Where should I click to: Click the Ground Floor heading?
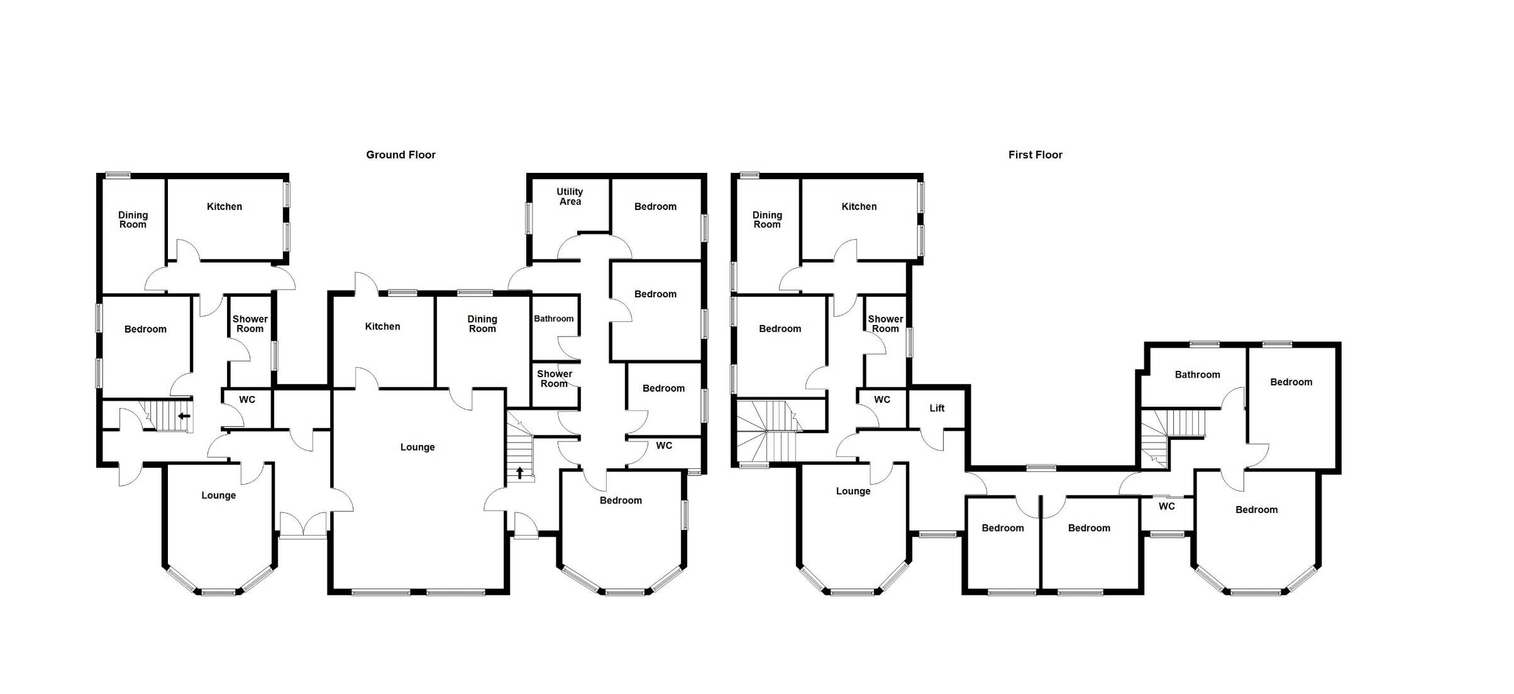tap(401, 155)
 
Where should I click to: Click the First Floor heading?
tap(1035, 155)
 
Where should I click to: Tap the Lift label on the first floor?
tap(937, 408)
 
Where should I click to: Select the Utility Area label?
tap(570, 197)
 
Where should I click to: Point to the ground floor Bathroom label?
tap(553, 319)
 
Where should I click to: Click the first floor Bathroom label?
tap(1197, 375)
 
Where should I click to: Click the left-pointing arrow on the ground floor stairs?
tap(184, 416)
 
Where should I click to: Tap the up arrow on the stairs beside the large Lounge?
tap(520, 472)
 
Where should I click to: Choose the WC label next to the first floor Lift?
tap(882, 400)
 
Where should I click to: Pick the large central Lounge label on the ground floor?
tap(417, 448)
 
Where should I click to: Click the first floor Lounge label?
tap(853, 492)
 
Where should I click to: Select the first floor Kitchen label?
tap(859, 207)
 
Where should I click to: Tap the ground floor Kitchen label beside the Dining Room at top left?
tap(224, 207)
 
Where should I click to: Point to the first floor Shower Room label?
tap(885, 324)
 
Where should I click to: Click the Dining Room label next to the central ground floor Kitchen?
tap(482, 324)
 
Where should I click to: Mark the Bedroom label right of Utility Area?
tap(655, 207)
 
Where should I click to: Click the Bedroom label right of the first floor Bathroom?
tap(1291, 382)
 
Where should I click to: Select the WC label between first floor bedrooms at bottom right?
tap(1166, 507)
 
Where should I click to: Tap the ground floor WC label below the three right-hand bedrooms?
tap(664, 446)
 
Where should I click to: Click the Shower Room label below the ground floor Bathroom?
tap(555, 378)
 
